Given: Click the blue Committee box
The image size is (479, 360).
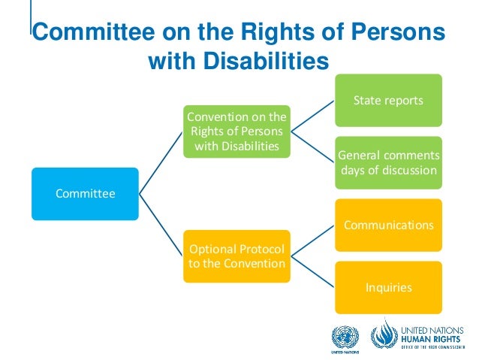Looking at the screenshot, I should point(85,194).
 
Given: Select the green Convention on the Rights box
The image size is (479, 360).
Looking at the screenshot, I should point(236,131).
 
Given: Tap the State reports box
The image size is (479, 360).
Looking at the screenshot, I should point(388,100).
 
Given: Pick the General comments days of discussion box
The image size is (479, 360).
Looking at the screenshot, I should point(388,162).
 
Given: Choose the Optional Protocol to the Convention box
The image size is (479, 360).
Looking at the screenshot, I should point(236,256).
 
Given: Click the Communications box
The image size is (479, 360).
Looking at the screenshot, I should point(388,225).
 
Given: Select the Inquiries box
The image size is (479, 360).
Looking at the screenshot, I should point(388,287).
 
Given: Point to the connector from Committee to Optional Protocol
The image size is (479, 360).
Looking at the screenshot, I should point(161,225).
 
